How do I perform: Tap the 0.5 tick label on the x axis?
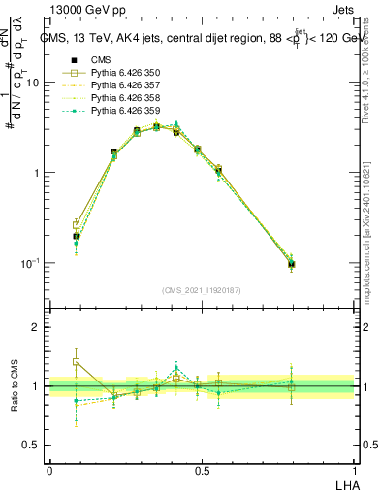click(x=202, y=471)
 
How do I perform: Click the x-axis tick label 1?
click(x=354, y=471)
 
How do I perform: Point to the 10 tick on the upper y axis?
click(x=33, y=83)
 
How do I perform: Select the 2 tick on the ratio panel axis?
click(x=37, y=327)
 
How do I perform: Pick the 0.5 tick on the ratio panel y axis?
click(x=33, y=446)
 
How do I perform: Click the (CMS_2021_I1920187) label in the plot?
click(x=201, y=290)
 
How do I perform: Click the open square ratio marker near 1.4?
click(x=77, y=361)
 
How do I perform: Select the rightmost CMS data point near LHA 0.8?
click(x=291, y=264)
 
